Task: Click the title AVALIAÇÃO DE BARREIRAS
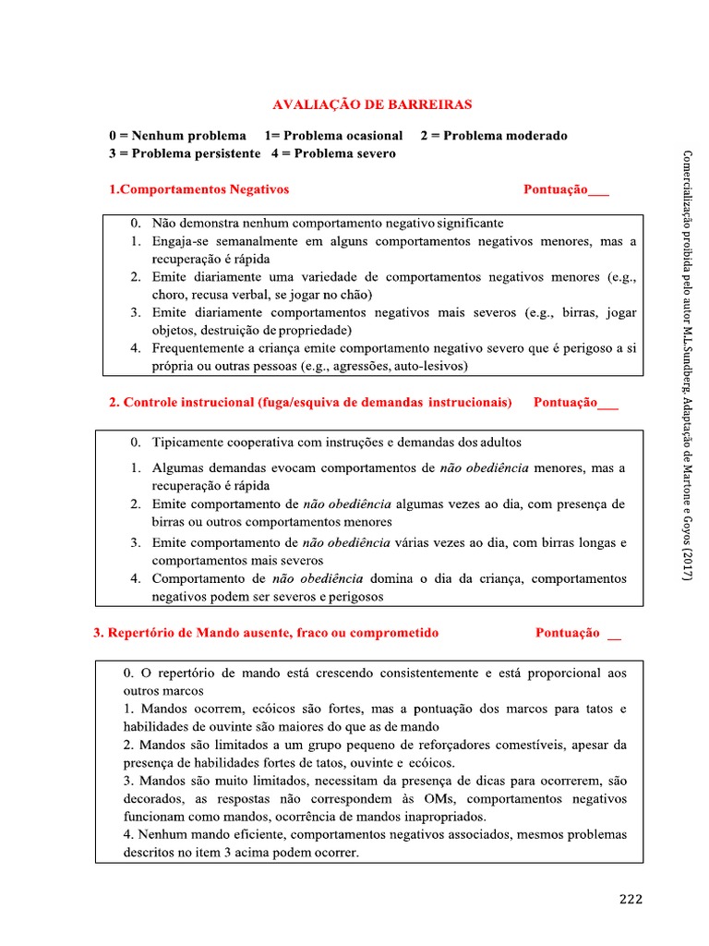point(373,106)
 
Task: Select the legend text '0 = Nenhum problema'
point(177,136)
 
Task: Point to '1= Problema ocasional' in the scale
point(333,136)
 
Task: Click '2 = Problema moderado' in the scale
point(493,136)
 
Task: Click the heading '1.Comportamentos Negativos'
point(198,189)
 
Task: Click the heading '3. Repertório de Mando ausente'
point(266,633)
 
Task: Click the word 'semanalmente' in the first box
point(243,241)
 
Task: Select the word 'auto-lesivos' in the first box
point(434,367)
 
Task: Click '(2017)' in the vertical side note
point(687,564)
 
